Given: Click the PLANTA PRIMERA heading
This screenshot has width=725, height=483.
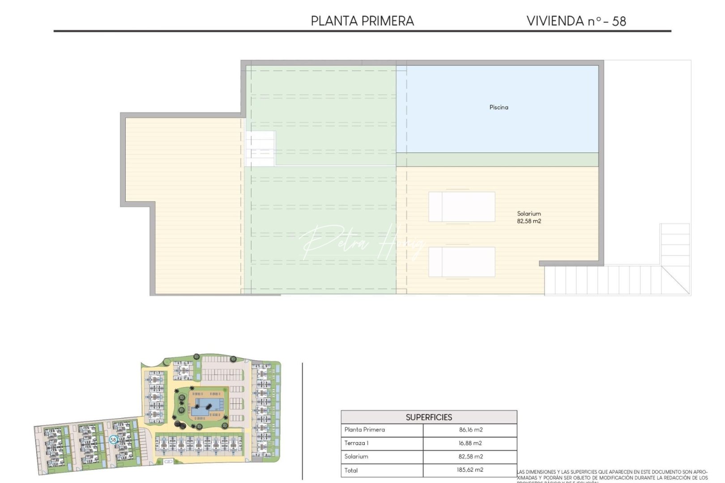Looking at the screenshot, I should coord(362,21).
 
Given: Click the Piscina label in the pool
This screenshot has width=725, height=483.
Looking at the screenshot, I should coord(499,107).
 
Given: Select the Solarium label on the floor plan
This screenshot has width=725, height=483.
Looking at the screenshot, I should coord(529,214).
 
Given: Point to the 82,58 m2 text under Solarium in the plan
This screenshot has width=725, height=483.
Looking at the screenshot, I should coord(529,221).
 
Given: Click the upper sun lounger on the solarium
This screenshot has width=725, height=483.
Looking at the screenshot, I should coord(462,207).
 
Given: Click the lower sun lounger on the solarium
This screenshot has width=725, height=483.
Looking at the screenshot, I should coord(462,262).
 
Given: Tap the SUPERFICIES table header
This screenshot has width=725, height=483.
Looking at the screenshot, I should coord(429,417).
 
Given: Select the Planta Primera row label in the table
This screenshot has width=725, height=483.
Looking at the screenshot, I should coord(364,430).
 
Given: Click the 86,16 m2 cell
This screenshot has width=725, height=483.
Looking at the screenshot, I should coord(470,430).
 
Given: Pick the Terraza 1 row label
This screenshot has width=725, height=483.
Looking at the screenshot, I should coord(356,443).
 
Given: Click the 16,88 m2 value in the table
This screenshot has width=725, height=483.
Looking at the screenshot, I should coord(470,443).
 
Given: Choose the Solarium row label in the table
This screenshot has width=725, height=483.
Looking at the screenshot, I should coord(356,457).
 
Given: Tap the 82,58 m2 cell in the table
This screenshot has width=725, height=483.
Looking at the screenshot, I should coord(470,457).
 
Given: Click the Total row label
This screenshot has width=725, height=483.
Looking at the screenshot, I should coord(351,470).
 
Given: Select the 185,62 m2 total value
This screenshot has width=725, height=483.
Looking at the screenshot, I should coord(470,470).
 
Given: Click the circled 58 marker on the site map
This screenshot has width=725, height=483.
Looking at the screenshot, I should coord(113,440).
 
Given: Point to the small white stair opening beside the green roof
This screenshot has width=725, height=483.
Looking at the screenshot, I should coord(260,148).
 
